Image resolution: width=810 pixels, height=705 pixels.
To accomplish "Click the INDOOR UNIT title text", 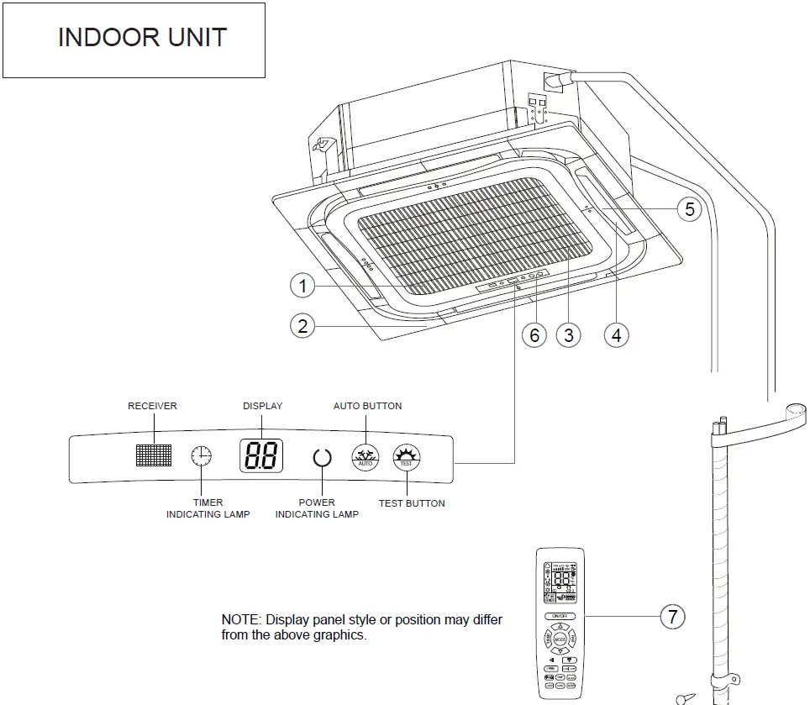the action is coord(142,38).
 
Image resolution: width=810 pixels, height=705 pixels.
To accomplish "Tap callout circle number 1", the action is coord(302,287).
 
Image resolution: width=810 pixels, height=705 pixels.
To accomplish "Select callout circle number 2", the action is coord(302,325).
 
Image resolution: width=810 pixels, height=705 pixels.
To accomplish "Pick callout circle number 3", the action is coord(569,335).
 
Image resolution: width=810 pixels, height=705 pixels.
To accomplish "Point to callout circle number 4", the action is coord(617,335).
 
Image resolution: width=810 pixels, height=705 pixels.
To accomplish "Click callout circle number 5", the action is coord(689,208).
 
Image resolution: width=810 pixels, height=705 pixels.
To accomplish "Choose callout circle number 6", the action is coord(534,335).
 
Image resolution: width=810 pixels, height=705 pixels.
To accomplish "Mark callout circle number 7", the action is coord(672,618).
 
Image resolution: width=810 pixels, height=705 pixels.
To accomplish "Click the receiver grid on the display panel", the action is coord(153,455).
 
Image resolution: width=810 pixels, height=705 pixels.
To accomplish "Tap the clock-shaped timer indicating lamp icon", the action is coord(202,456).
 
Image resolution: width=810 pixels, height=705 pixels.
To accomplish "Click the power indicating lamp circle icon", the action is coord(322,458).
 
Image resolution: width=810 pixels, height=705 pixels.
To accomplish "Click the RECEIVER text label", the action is coord(152,406).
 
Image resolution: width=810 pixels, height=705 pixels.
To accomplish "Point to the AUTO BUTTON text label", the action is coord(367,406).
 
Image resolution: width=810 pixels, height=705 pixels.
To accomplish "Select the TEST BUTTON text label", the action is coord(412,503).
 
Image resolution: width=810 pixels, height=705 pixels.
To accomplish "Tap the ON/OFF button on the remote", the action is coord(560,616).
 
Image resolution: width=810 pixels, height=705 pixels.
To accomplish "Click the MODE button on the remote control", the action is coord(560,639).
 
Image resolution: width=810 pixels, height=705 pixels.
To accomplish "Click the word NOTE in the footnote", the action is coord(239,619).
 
